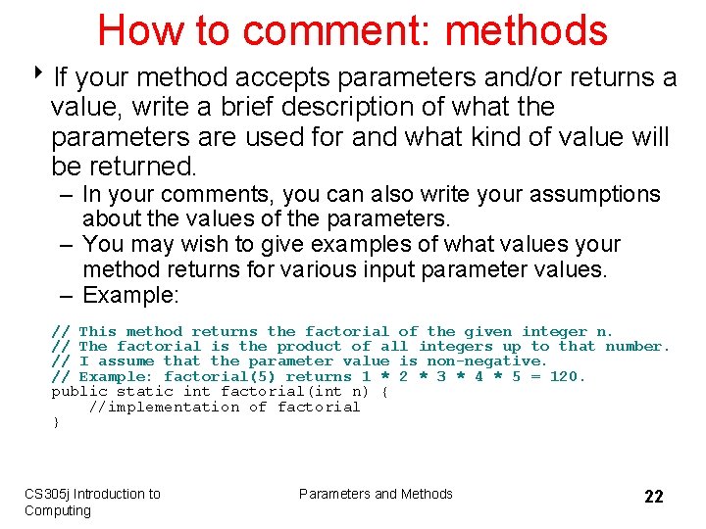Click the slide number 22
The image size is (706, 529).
(x=653, y=497)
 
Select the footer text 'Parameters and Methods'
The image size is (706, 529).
(x=376, y=494)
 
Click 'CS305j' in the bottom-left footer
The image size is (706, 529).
(x=47, y=494)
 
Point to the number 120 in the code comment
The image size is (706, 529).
(x=566, y=376)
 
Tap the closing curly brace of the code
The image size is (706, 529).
(x=55, y=422)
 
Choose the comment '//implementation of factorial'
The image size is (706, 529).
(x=224, y=407)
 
